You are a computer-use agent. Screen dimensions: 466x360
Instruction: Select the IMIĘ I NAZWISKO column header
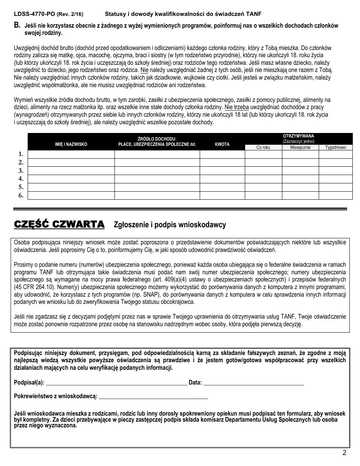(x=71, y=144)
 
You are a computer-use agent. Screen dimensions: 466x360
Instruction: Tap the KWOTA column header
(x=222, y=144)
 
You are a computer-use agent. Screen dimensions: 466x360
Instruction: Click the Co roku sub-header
(x=263, y=147)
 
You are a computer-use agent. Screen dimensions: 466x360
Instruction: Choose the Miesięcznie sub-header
(x=301, y=147)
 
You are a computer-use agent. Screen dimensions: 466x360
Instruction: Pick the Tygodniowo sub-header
(x=335, y=147)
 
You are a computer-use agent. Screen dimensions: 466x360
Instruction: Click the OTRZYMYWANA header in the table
(x=299, y=136)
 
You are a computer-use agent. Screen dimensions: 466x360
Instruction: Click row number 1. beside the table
(x=21, y=154)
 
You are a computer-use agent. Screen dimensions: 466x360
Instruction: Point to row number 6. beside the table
(x=21, y=195)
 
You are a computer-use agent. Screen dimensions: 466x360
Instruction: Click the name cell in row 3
(x=71, y=170)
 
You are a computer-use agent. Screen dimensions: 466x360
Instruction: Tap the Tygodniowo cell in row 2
(x=335, y=162)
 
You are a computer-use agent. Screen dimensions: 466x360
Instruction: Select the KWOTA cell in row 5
(x=222, y=187)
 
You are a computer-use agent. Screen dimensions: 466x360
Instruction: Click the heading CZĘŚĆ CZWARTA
(x=59, y=225)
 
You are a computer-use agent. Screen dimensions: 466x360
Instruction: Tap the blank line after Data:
(x=254, y=383)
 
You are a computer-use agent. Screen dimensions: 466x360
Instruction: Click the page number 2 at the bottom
(x=344, y=453)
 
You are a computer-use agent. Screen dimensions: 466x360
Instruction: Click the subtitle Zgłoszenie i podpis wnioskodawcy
(x=170, y=225)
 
